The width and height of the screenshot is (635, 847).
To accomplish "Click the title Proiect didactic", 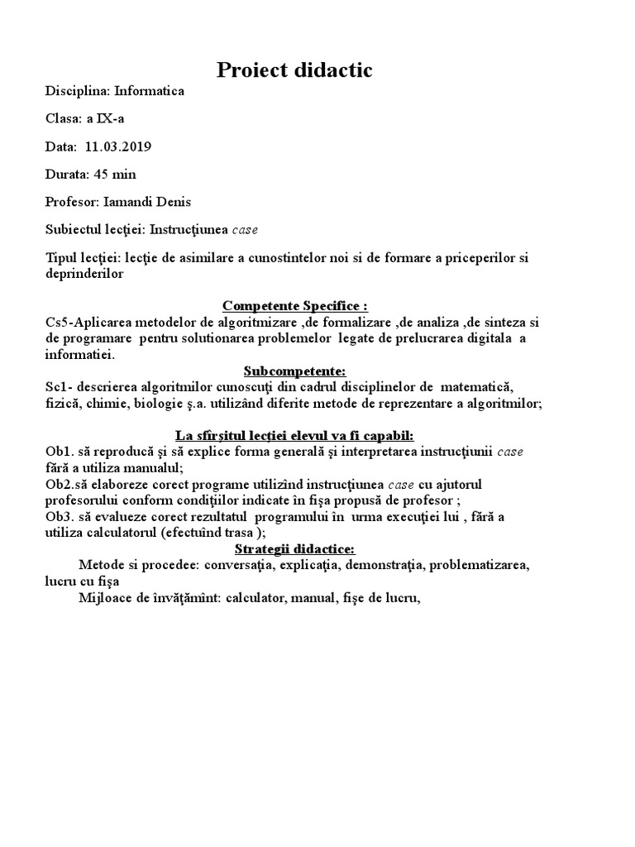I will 294,71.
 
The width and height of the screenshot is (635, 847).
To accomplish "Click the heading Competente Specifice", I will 294,306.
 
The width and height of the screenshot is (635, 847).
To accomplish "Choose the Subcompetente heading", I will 294,370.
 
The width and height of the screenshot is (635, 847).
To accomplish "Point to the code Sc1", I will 57,386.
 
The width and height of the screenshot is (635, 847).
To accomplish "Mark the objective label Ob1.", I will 59,452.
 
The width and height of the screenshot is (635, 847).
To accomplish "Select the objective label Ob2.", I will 59,484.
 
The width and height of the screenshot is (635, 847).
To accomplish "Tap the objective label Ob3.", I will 59,517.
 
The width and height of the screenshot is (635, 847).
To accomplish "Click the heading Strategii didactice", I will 294,549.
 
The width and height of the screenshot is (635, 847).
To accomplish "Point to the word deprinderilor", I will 84,274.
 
